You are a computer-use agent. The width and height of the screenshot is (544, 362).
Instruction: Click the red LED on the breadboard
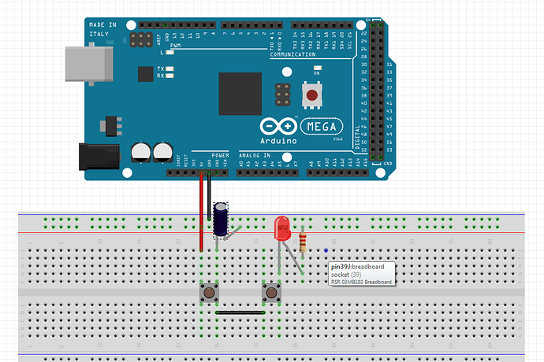[281, 229]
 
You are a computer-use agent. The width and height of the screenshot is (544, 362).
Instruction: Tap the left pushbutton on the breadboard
[210, 294]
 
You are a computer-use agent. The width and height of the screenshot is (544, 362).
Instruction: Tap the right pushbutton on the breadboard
[271, 294]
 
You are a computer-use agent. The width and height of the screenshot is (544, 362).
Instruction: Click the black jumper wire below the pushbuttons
[240, 312]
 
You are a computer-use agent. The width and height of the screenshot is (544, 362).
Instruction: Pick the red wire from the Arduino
[202, 212]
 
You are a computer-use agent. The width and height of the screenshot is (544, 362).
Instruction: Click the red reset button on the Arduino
[312, 96]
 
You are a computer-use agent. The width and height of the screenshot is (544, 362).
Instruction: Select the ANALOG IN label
[254, 155]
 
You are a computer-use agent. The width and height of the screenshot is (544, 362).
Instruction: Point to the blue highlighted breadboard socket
[326, 252]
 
